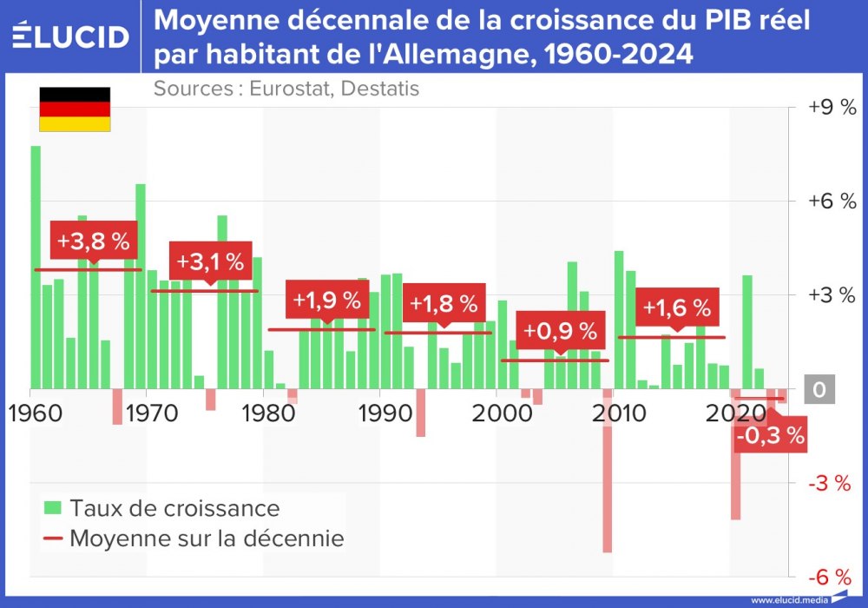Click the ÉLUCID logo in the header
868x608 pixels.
click(x=71, y=36)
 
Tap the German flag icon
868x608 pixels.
click(x=75, y=109)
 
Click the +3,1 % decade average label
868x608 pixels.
click(x=210, y=261)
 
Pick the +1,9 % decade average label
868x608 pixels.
click(x=326, y=301)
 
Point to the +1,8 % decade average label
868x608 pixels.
click(x=444, y=304)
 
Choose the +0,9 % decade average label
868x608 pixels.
click(x=560, y=331)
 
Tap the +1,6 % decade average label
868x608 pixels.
click(x=676, y=307)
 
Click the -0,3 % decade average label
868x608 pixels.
click(x=770, y=436)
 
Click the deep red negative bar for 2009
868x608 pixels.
click(x=608, y=470)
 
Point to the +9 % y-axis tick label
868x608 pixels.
click(x=831, y=107)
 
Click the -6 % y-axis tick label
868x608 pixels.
click(x=831, y=577)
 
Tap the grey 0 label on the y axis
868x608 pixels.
click(x=819, y=390)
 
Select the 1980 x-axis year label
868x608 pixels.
click(x=264, y=412)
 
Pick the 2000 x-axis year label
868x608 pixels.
click(x=497, y=412)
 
